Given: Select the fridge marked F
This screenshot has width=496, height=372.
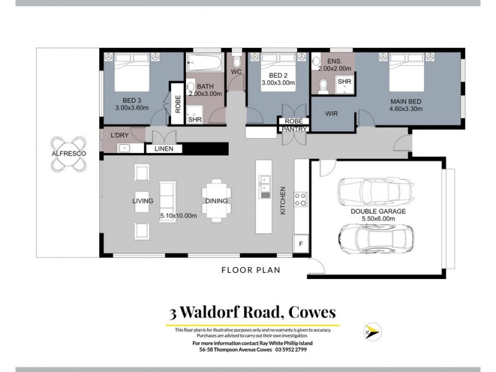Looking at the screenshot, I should tap(301, 244).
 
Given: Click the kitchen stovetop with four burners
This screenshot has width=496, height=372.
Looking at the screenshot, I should tap(301, 200).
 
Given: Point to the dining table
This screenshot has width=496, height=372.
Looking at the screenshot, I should tap(216, 200).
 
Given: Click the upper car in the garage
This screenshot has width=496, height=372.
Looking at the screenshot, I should tap(374, 191).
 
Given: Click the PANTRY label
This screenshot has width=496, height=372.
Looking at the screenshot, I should tap(294, 129).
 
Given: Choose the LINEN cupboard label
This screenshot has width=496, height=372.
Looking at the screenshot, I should tap(164, 149).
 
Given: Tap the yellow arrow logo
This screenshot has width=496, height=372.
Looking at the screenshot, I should tap(373, 332).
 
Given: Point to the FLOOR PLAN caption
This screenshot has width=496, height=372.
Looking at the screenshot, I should tap(251, 270).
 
